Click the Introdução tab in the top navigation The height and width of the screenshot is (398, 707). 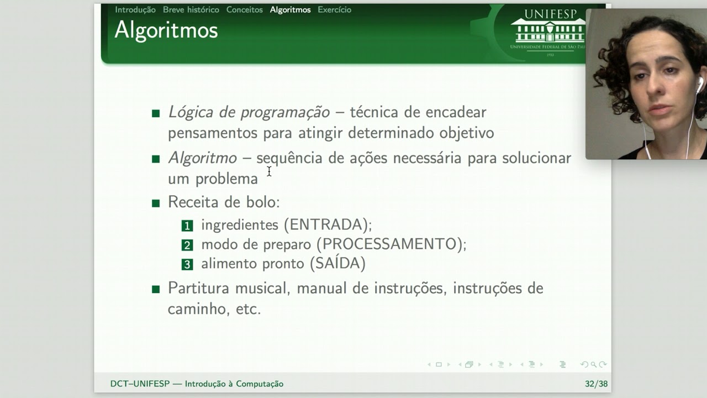135,9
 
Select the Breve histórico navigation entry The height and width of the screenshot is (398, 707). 191,9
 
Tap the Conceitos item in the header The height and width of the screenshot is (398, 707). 244,9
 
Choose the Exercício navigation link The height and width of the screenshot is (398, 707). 334,9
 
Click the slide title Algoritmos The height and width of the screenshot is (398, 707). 166,30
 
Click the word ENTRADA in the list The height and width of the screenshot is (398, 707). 328,225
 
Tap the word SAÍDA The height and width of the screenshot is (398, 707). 337,264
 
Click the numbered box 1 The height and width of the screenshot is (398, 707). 187,226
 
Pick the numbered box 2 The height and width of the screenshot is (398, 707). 187,245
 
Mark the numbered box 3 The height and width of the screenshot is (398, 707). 187,264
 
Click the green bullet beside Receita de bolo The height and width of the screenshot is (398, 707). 156,203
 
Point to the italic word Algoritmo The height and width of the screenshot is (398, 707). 202,158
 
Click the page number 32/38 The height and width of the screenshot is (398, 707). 596,384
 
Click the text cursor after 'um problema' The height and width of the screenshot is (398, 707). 269,171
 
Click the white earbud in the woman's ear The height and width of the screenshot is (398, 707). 699,85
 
